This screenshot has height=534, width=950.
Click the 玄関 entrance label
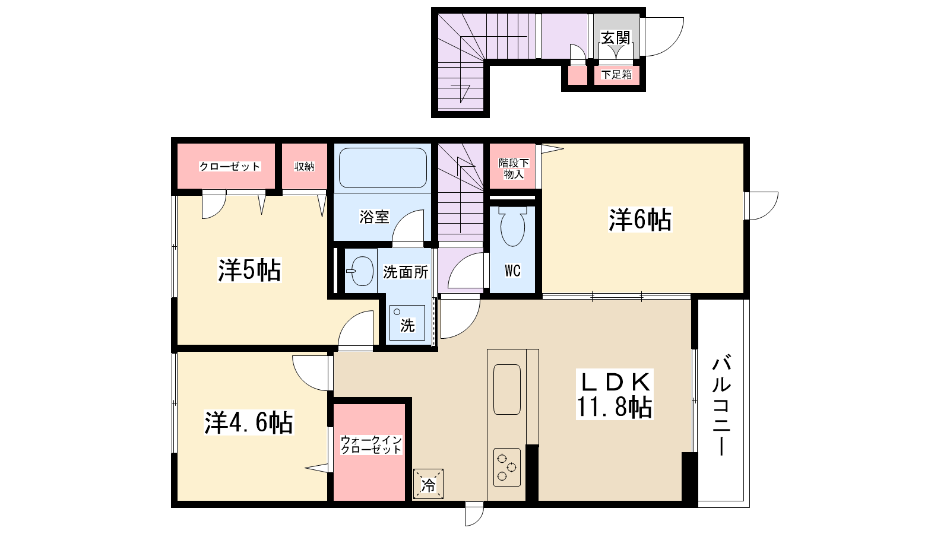pos(616,38)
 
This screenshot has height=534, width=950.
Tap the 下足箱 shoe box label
pos(617,75)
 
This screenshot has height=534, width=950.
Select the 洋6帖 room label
pos(640,220)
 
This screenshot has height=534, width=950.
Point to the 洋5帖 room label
pos(249,270)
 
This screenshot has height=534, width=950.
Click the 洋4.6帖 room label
pos(249,422)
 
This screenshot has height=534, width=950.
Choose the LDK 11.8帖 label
pos(615,394)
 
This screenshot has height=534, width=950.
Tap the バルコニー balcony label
pos(721,406)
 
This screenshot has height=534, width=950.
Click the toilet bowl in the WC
pos(513,226)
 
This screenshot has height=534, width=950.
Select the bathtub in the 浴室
pos(382,168)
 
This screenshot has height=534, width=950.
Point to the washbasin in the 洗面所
pos(360,271)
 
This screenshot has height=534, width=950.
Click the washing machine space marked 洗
pos(407,323)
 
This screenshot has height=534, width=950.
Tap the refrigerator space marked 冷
pos(428,484)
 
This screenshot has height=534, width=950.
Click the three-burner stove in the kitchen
pos(507,467)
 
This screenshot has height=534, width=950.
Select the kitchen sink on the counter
pos(507,389)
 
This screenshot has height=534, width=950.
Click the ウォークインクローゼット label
pos(371,444)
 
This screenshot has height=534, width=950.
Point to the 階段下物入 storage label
pos(514,169)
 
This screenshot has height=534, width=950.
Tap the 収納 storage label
pos(305,167)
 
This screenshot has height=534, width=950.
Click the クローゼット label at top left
pos(230,167)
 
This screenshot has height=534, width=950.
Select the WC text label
pos(513,271)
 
